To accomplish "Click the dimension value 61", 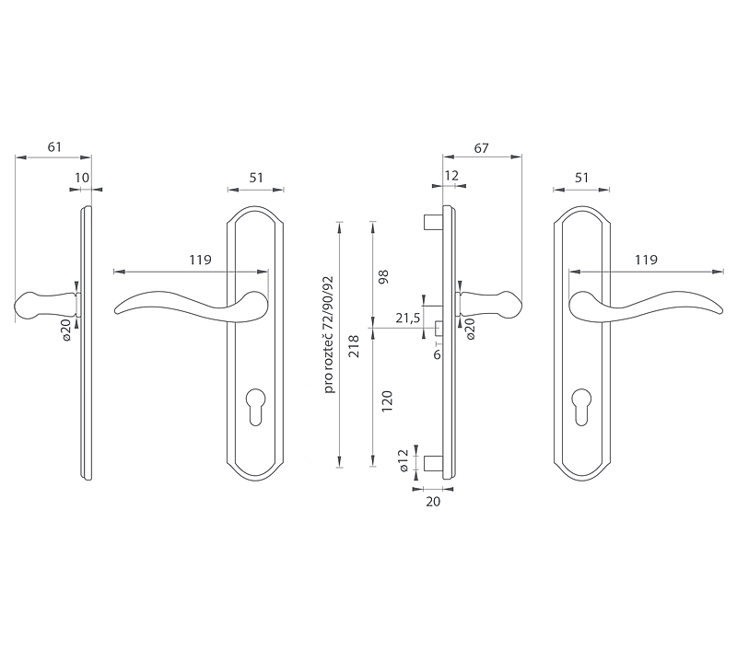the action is (x=54, y=147).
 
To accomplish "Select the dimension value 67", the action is (x=481, y=148).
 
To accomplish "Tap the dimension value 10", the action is (x=82, y=178).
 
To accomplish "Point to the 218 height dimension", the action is (x=355, y=346).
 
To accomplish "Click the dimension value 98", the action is (x=384, y=276).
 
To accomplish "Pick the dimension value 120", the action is (x=386, y=401).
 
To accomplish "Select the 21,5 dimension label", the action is (x=407, y=318).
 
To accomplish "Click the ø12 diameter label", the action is (x=403, y=460).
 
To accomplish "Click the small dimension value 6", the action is (x=437, y=354).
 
